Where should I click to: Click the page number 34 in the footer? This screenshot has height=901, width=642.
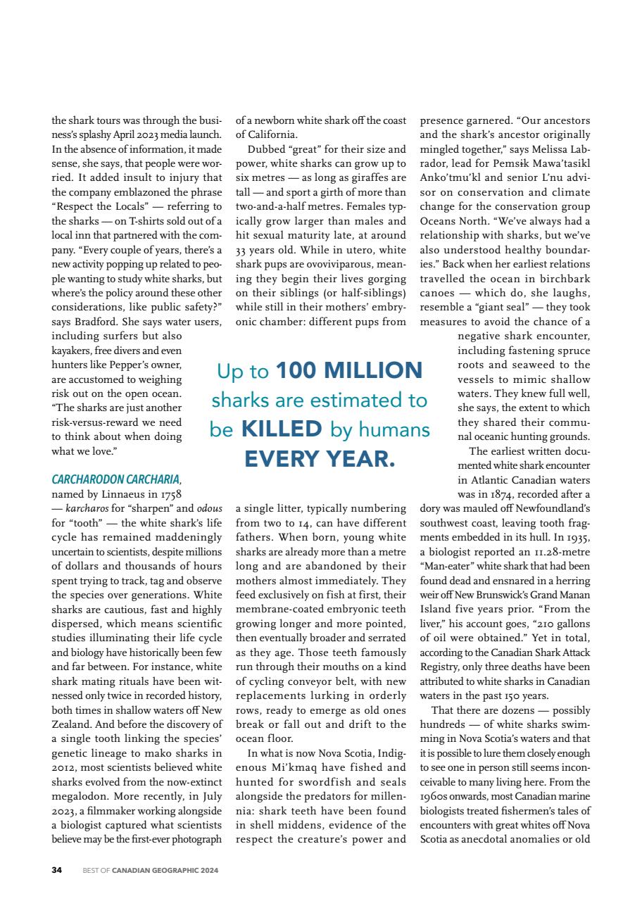coord(57,870)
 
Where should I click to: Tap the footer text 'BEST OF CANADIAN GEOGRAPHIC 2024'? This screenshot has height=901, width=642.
coord(150,870)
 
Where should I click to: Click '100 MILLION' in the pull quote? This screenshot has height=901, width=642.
coord(349,370)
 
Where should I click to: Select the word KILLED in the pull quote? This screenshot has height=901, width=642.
coord(282,429)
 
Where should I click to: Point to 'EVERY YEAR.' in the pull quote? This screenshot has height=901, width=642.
coord(320,459)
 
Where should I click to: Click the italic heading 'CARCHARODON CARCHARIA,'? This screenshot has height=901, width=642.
coord(117,480)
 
